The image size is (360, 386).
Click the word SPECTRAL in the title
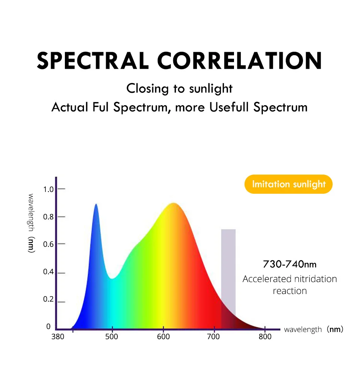[93, 60]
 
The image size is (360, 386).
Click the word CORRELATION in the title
[240, 60]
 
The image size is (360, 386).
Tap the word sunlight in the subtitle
[211, 89]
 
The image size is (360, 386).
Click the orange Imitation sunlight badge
[288, 184]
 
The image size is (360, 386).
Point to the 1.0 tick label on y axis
[48, 189]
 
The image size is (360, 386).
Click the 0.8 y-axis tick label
[48, 217]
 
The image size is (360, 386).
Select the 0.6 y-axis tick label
[48, 244]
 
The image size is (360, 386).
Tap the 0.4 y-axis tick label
[48, 271]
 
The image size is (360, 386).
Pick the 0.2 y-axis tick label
[48, 299]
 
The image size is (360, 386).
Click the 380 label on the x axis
[58, 336]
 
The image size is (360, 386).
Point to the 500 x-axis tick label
[112, 336]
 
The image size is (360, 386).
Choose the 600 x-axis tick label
[163, 336]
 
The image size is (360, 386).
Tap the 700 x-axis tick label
[213, 336]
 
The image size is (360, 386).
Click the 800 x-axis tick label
[265, 336]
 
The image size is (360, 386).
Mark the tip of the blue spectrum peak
[96, 204]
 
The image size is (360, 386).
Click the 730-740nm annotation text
[289, 264]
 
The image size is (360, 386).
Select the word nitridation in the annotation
[315, 279]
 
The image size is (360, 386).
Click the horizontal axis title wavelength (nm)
[313, 329]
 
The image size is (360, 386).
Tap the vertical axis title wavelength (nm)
[31, 223]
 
